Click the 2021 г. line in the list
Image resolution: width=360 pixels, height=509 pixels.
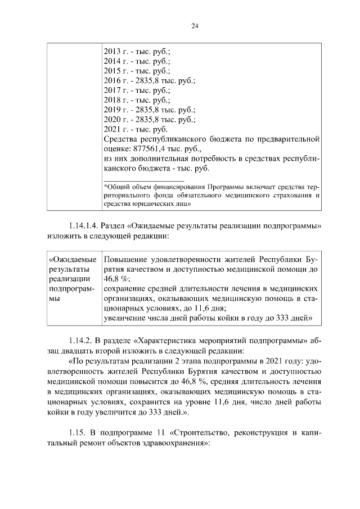tap(137, 129)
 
